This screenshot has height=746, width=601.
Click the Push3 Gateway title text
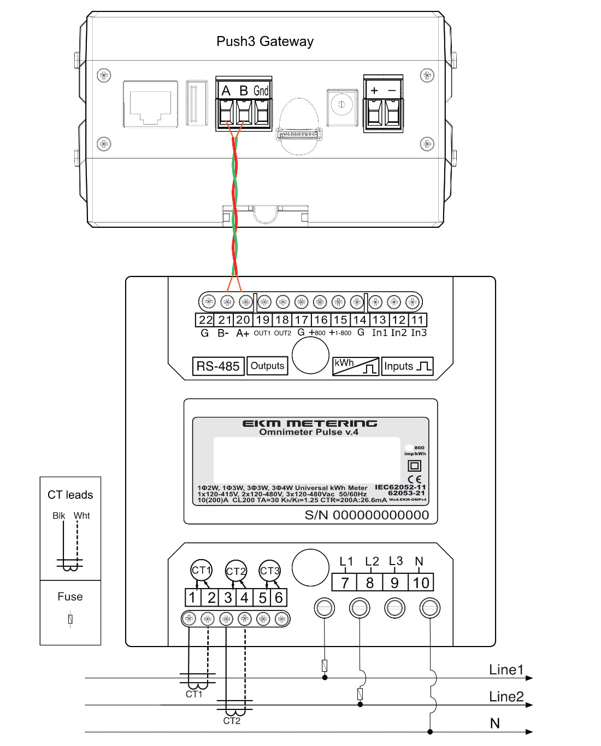point(265,42)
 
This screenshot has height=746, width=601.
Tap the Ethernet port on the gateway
point(150,104)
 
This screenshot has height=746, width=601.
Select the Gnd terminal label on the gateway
point(261,91)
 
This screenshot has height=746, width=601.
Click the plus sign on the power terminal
point(374,91)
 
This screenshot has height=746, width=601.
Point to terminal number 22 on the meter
point(205,320)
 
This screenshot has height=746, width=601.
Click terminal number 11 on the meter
point(418,320)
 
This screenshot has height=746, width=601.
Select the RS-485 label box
point(218,366)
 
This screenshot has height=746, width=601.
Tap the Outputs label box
point(267,366)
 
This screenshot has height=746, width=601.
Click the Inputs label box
point(408,366)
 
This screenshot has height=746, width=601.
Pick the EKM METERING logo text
point(310,424)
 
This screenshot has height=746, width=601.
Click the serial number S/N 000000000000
point(367,515)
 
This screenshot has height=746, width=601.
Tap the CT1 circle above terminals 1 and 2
point(201,570)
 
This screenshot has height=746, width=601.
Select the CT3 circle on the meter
point(269,571)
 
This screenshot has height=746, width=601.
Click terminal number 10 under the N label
point(421,583)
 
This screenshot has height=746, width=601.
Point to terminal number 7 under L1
point(345,583)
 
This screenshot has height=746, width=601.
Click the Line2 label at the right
point(506,697)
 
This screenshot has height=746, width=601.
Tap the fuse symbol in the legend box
point(70,619)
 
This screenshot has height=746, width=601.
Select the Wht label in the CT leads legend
point(82,515)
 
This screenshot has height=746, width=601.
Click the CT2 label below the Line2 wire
point(232,721)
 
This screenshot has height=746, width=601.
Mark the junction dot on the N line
point(431,731)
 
